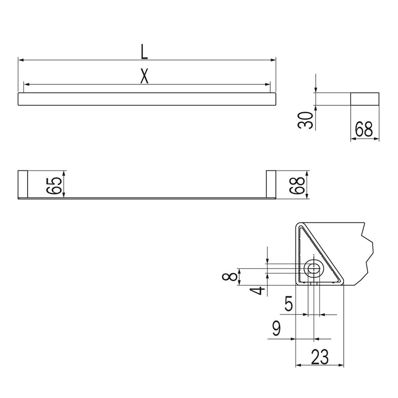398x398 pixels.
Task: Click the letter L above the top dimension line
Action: point(145,52)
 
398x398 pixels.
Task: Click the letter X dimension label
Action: point(145,76)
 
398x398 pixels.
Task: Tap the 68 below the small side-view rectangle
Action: point(364,130)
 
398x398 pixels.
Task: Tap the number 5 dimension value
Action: point(289,305)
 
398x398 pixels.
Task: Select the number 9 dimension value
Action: point(277,329)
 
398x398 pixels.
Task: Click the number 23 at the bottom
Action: point(319,358)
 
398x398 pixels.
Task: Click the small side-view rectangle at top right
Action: point(365,99)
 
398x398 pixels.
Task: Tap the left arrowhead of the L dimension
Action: point(20,60)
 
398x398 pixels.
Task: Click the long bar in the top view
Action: point(147,100)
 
